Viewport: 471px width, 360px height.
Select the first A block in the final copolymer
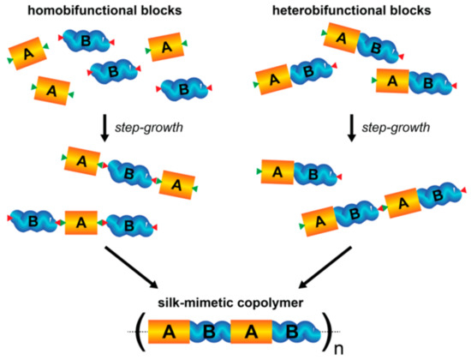coord(169,330)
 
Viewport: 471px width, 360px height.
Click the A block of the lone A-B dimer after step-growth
coord(277,172)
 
